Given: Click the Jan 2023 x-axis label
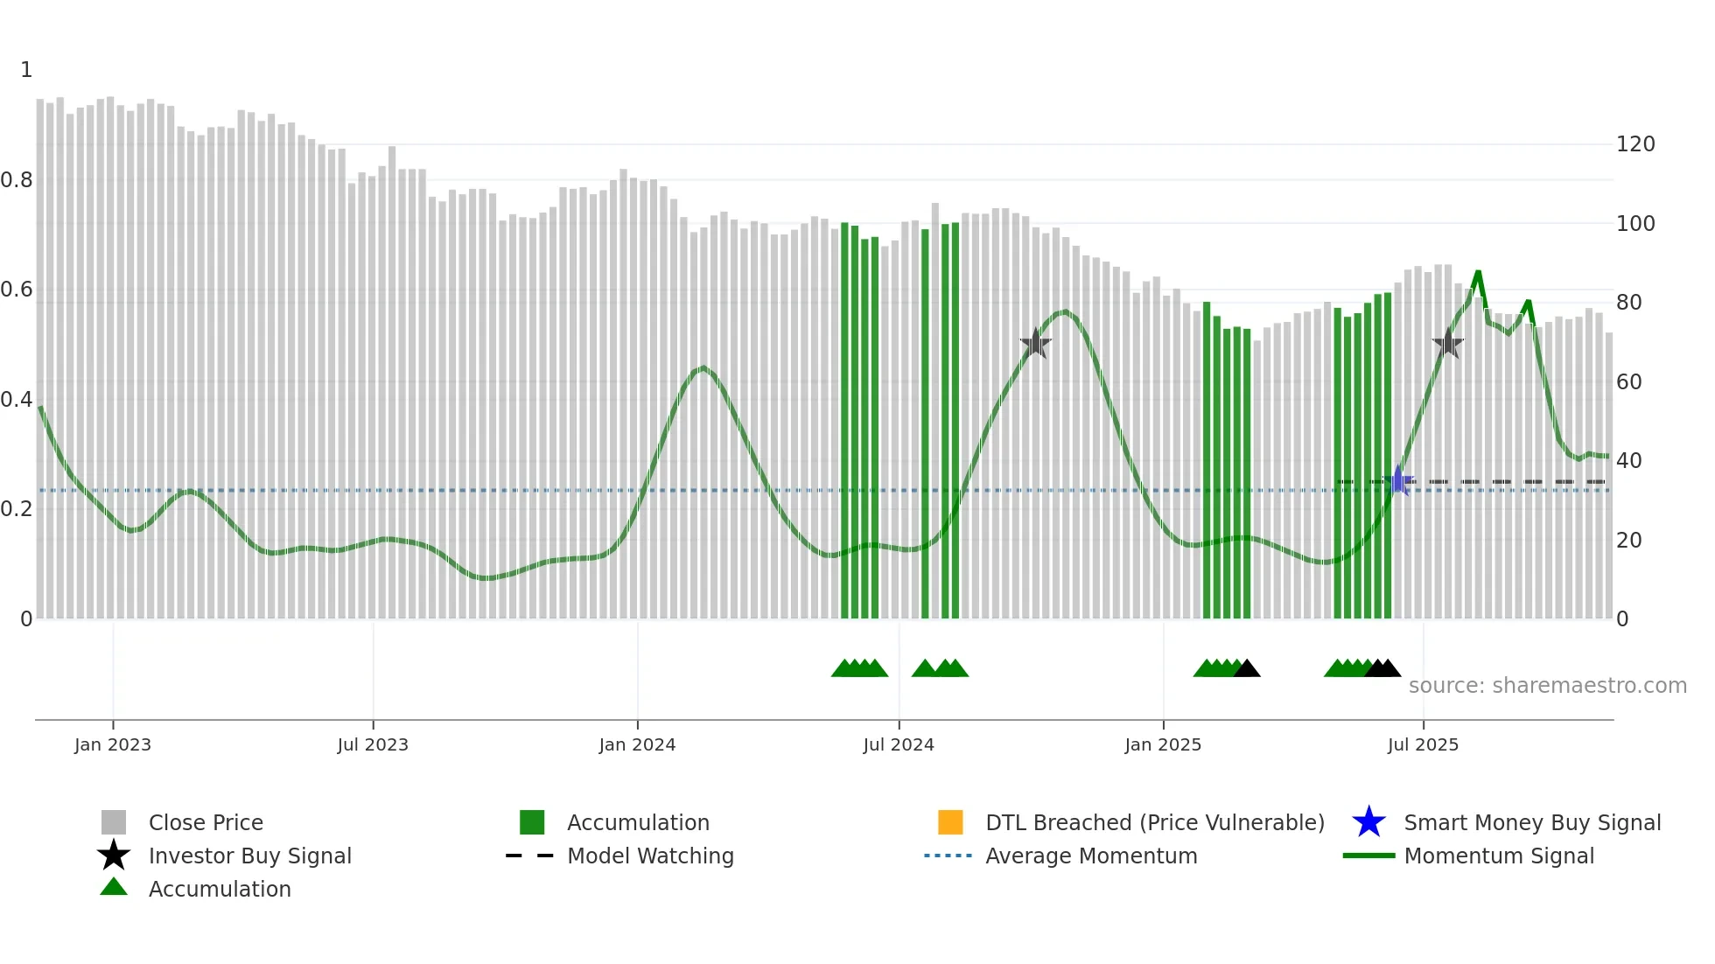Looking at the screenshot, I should pyautogui.click(x=112, y=744).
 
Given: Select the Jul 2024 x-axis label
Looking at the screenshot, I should pyautogui.click(x=898, y=744).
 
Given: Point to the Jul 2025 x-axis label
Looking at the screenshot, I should pyautogui.click(x=1423, y=744).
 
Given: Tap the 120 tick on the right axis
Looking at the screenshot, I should pyautogui.click(x=1634, y=144).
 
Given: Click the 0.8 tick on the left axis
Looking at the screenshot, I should pyautogui.click(x=17, y=180).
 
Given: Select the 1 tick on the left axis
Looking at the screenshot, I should pyautogui.click(x=26, y=70).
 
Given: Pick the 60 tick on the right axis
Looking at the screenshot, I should pyautogui.click(x=1628, y=382).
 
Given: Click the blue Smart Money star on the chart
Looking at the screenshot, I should pyautogui.click(x=1398, y=481).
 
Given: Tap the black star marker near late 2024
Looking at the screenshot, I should pyautogui.click(x=1035, y=343).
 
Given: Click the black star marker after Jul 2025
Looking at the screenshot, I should pyautogui.click(x=1448, y=344).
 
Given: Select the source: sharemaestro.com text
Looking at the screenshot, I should pyautogui.click(x=1547, y=686).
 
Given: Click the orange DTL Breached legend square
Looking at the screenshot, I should pyautogui.click(x=950, y=822).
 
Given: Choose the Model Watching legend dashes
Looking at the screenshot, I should pyautogui.click(x=529, y=856).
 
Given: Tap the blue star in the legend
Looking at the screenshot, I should pyautogui.click(x=1368, y=822).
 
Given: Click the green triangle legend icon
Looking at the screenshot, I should pyautogui.click(x=114, y=887).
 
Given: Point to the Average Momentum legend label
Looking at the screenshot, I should pyautogui.click(x=1091, y=856).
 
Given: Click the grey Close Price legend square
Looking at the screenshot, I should pyautogui.click(x=114, y=822).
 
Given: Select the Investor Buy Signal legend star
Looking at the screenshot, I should pyautogui.click(x=114, y=856).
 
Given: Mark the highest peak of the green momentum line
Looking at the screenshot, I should pyautogui.click(x=1478, y=273).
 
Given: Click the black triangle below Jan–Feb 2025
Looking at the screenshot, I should pyautogui.click(x=1247, y=669).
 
